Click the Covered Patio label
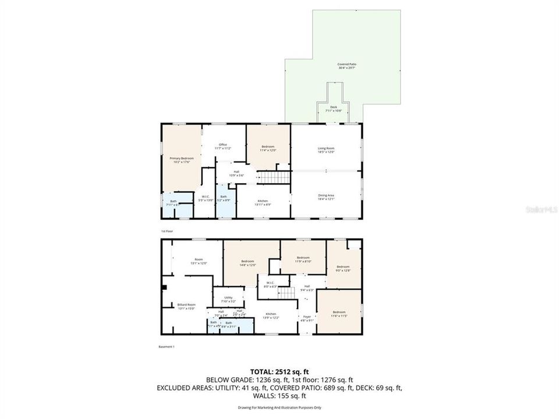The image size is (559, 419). coord(346,66)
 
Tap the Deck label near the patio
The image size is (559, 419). coord(334,109)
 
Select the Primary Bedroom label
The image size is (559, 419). coord(181,160)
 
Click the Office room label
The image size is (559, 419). coord(222,146)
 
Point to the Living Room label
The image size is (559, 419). coord(326,150)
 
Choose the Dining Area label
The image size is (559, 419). coord(326,197)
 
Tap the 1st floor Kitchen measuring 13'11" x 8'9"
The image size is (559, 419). coord(264,203)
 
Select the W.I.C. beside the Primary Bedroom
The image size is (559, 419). coord(206,198)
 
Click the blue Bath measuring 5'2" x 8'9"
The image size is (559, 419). coord(224,198)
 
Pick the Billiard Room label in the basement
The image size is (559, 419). coord(186,306)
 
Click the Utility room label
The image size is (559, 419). coord(228,299)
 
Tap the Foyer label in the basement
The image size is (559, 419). coord(306,318)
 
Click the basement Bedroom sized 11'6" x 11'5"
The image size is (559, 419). coord(338,314)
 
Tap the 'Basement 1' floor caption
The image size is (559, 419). coord(167,347)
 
